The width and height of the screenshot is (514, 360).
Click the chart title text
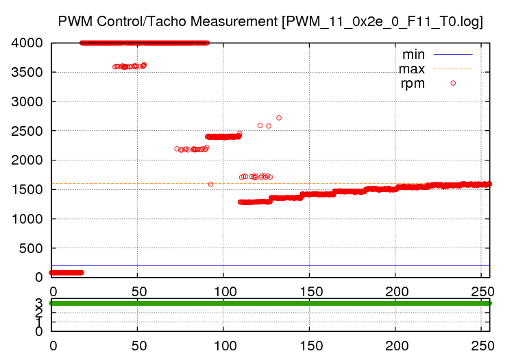(271, 21)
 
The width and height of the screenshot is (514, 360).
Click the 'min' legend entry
(413, 54)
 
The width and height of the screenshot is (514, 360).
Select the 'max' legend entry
(412, 69)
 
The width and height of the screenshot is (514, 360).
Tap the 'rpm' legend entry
(413, 84)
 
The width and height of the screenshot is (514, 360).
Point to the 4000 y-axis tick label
(28, 43)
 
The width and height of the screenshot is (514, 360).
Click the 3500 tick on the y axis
(28, 73)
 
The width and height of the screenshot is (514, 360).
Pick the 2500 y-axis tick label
(28, 131)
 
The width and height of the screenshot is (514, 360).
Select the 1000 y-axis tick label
(28, 219)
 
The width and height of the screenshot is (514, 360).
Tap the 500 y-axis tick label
(32, 248)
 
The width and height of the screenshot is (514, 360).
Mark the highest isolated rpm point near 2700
(279, 118)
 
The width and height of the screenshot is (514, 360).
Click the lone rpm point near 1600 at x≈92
(210, 184)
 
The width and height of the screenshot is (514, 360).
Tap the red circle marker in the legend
(453, 83)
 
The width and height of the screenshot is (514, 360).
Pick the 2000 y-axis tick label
(28, 160)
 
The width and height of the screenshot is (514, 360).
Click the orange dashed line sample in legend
(453, 69)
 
